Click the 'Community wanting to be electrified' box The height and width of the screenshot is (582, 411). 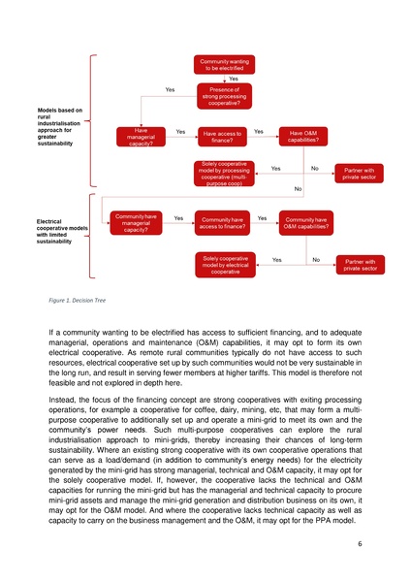224,64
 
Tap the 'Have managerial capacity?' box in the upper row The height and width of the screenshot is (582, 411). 141,138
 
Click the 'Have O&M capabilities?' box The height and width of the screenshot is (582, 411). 304,137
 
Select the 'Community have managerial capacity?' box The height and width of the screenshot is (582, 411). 135,223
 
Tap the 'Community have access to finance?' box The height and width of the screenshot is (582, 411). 223,224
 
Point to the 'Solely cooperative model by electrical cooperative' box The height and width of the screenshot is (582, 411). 225,265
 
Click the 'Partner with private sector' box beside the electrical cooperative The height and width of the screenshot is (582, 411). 360,265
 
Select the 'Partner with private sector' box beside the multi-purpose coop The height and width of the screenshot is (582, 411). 360,174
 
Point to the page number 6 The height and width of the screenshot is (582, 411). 359,545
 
